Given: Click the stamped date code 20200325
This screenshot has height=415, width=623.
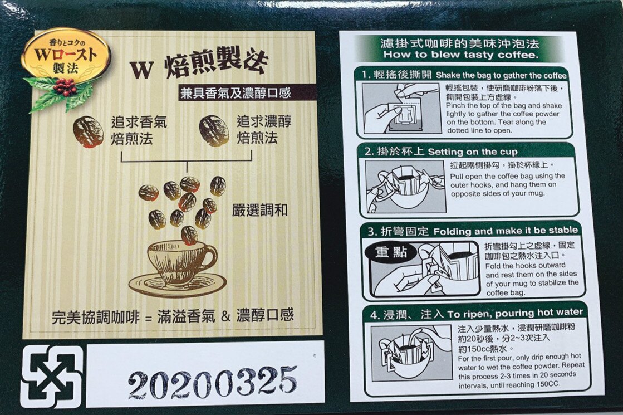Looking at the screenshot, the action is point(212,382).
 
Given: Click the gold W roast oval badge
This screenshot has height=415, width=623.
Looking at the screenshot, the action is point(66,56).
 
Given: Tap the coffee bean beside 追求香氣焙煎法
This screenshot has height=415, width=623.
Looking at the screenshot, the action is point(88,131).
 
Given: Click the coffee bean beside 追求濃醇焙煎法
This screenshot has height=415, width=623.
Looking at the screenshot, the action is point(214,131).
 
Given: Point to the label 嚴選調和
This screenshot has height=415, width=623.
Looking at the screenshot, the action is point(260,211).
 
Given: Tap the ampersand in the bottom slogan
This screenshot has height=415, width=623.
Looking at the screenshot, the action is point(225,316).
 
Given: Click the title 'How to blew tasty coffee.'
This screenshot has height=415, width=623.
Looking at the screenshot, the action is point(461,55).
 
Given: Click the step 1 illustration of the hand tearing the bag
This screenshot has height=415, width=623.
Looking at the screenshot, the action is point(401,109).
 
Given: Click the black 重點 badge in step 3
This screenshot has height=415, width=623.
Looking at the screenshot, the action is point(391,252).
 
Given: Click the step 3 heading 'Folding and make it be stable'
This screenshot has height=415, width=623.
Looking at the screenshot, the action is point(506,231).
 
